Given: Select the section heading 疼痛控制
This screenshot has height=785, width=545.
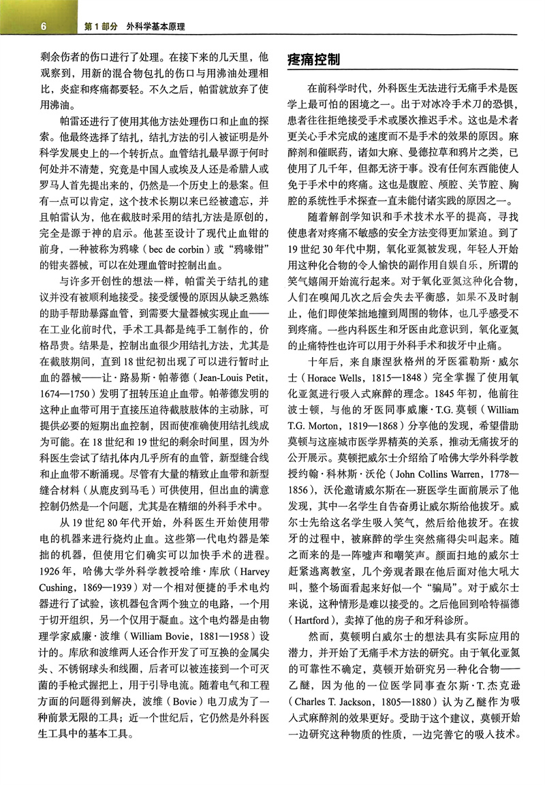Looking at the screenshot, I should pyautogui.click(x=314, y=59).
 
